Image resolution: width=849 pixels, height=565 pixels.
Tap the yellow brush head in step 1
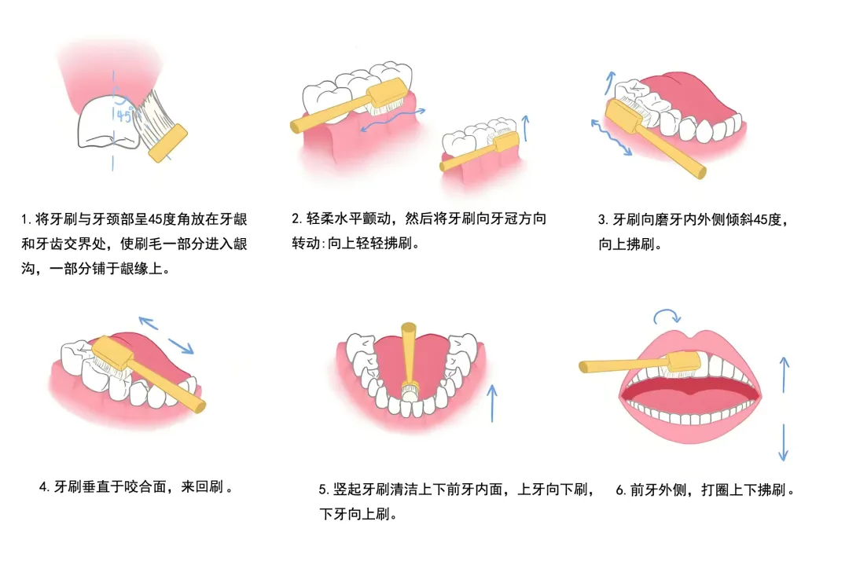(167, 143)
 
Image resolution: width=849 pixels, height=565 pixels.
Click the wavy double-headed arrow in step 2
(393, 119)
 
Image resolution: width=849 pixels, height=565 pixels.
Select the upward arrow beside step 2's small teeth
(525, 128)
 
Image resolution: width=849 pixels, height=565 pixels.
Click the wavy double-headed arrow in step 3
(612, 138)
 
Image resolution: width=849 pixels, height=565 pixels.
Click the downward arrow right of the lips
(783, 442)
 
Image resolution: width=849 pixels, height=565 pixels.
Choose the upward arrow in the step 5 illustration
(491, 403)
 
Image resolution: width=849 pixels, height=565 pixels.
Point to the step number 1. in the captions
(26, 219)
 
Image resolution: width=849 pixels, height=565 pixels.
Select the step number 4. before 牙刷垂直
(45, 487)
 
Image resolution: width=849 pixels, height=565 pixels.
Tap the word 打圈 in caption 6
(715, 490)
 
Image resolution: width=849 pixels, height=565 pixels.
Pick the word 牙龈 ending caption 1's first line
(233, 219)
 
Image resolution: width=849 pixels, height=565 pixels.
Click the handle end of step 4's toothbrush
(200, 406)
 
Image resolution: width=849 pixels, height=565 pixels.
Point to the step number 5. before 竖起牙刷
(324, 490)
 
